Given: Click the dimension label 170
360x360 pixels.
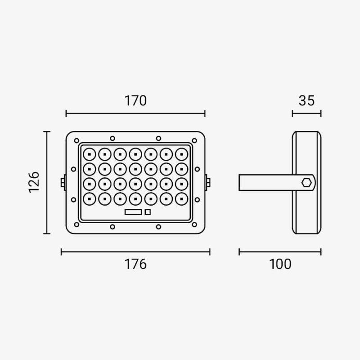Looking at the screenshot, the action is (x=135, y=100).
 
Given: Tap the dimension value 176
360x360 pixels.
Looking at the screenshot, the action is (x=135, y=264).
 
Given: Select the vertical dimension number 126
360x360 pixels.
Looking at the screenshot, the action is (x=34, y=182).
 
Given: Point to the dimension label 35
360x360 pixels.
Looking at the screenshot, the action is (x=306, y=100).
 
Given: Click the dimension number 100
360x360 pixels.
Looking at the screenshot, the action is (x=280, y=264).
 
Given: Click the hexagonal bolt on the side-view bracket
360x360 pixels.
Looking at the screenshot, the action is (x=306, y=183).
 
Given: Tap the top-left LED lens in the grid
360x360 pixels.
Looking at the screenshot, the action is (x=89, y=154).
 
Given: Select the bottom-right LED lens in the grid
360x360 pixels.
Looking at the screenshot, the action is (x=182, y=199).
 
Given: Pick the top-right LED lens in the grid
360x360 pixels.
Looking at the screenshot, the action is (x=182, y=154).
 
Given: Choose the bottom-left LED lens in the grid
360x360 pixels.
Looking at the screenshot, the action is (x=89, y=199).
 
